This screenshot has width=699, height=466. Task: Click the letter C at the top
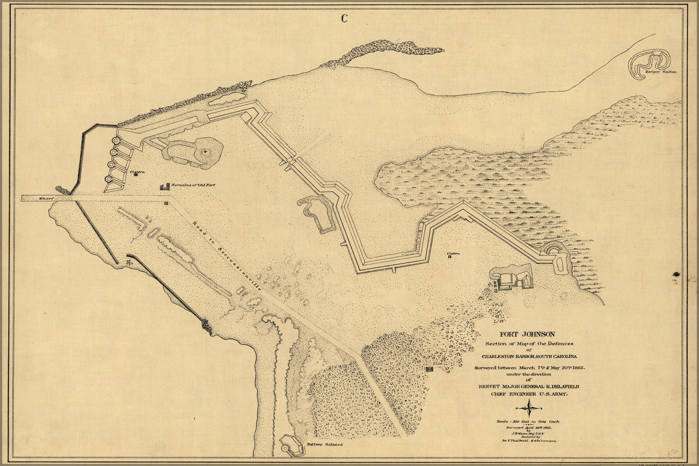[x=344, y=18]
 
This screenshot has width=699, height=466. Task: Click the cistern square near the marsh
[x=448, y=256]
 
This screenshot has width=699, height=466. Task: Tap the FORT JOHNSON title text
[x=529, y=334]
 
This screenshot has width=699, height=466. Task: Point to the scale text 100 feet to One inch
[x=529, y=421]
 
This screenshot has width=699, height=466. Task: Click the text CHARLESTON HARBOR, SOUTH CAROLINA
[x=529, y=356]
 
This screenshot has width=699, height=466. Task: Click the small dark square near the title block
[x=430, y=371]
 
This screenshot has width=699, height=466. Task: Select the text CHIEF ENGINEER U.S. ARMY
[x=529, y=394]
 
